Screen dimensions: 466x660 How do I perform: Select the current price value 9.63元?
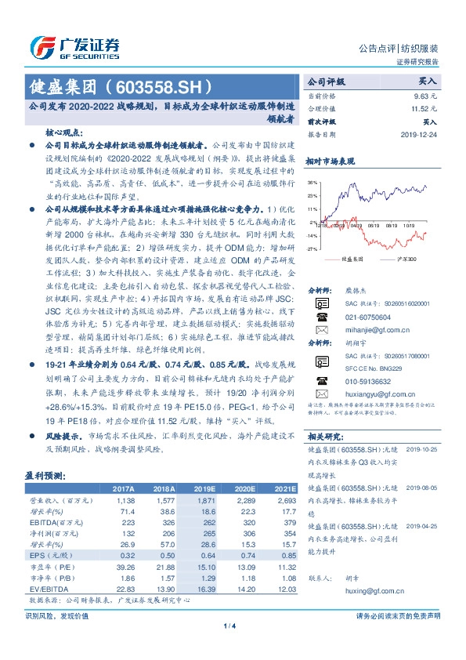pos(424,96)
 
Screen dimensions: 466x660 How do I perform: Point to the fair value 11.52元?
pos(421,110)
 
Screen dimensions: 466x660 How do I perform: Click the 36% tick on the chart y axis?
pos(312,181)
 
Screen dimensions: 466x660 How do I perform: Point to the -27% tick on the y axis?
pos(312,248)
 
